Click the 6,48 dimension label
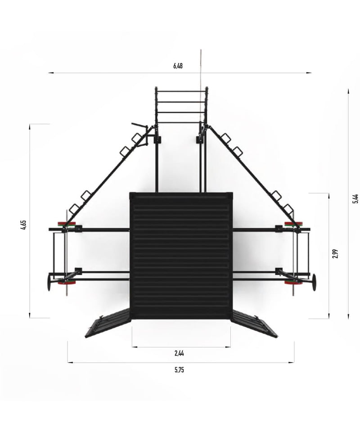[x=178, y=66]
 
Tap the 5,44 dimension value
[x=355, y=198]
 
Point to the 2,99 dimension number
[x=335, y=253]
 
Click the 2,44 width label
[x=179, y=353]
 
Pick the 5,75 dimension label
[x=179, y=370]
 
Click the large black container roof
[x=181, y=256]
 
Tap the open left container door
[x=108, y=324]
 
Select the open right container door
[x=254, y=323]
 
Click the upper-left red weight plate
[x=67, y=224]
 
